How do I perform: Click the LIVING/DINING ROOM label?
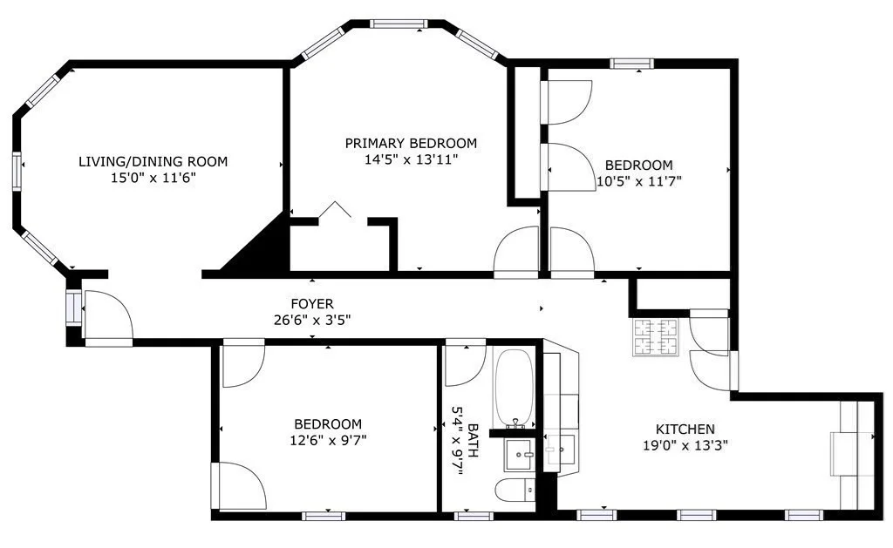point(153,161)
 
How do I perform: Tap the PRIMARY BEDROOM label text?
point(411,144)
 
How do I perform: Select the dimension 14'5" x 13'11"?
point(411,159)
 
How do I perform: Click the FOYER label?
point(312,304)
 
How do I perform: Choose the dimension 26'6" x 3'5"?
point(312,320)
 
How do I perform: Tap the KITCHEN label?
point(685,430)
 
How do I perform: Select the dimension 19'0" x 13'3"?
point(685,445)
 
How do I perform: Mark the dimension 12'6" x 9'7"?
point(328,440)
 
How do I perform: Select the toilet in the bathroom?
point(515,490)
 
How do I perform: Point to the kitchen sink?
point(559,450)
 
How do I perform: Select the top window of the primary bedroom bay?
point(399,24)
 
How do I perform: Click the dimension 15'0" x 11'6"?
point(153,177)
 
